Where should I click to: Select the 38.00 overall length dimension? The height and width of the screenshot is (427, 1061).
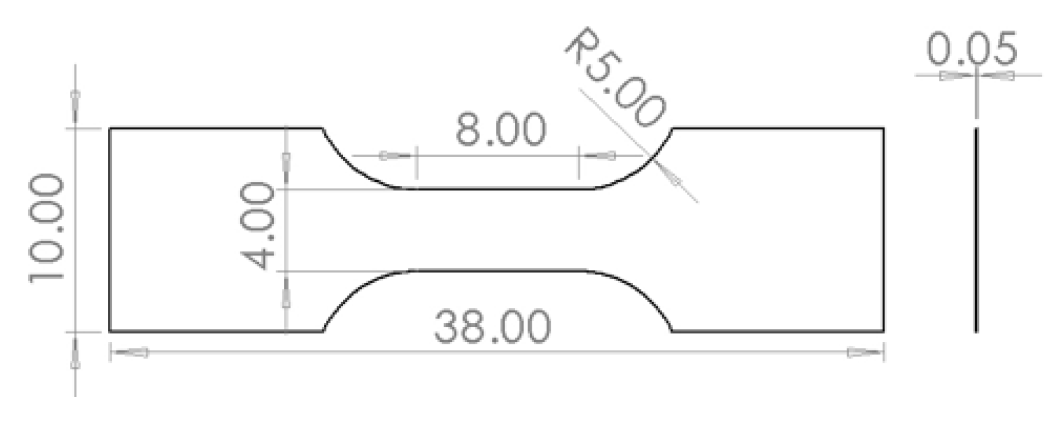point(493,327)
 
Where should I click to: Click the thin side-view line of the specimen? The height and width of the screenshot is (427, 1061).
point(976,230)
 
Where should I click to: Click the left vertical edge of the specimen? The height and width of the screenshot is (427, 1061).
point(110,230)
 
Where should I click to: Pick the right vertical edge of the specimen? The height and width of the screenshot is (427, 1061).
point(883,230)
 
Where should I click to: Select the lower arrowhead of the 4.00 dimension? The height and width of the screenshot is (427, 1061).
point(286,297)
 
